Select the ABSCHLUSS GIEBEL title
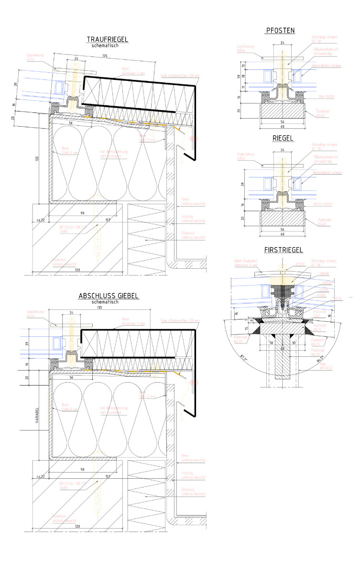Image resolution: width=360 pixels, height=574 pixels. pos(109,296)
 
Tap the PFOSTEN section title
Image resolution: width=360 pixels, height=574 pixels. pos(280,31)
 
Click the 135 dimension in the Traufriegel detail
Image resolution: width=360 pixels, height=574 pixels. pos(105,55)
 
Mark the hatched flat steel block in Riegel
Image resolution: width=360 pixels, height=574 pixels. pos(282,219)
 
